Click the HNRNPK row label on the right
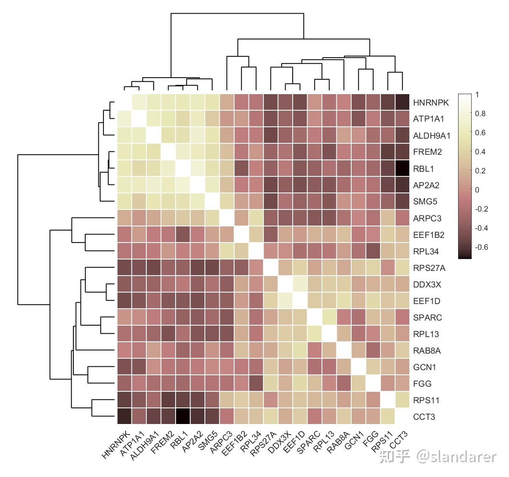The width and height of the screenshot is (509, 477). [431, 103]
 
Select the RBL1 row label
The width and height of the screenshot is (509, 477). [423, 169]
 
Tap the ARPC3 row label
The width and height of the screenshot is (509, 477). [427, 218]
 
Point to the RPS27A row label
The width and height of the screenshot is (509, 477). [429, 268]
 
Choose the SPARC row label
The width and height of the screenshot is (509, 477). [427, 318]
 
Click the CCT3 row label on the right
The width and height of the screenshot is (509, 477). [424, 417]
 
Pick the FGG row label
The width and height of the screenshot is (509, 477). [422, 384]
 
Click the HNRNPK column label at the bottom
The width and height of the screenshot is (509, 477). [116, 445]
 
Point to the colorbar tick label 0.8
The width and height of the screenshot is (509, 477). [480, 114]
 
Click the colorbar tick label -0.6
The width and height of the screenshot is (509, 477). [481, 247]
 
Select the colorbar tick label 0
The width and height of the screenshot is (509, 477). [477, 190]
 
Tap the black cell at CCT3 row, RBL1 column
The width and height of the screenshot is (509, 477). [183, 417]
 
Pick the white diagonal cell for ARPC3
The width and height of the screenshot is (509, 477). [227, 218]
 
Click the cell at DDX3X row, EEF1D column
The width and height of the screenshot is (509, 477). [300, 285]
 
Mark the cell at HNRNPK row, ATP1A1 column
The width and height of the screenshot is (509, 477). [139, 103]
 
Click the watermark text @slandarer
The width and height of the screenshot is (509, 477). [456, 457]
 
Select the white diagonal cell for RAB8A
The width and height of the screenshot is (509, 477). [344, 351]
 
